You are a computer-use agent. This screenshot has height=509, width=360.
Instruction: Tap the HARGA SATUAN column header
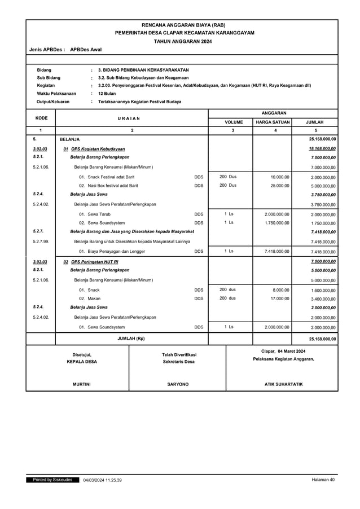click(273, 121)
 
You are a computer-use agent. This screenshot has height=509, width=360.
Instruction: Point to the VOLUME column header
click(234, 121)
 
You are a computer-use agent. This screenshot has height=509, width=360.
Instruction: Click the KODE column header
click(41, 117)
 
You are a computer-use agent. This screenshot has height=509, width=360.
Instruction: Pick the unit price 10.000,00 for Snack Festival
click(280, 177)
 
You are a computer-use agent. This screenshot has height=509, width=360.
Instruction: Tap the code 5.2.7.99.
click(40, 242)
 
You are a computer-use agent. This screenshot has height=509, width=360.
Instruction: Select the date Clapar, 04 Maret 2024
click(283, 351)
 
